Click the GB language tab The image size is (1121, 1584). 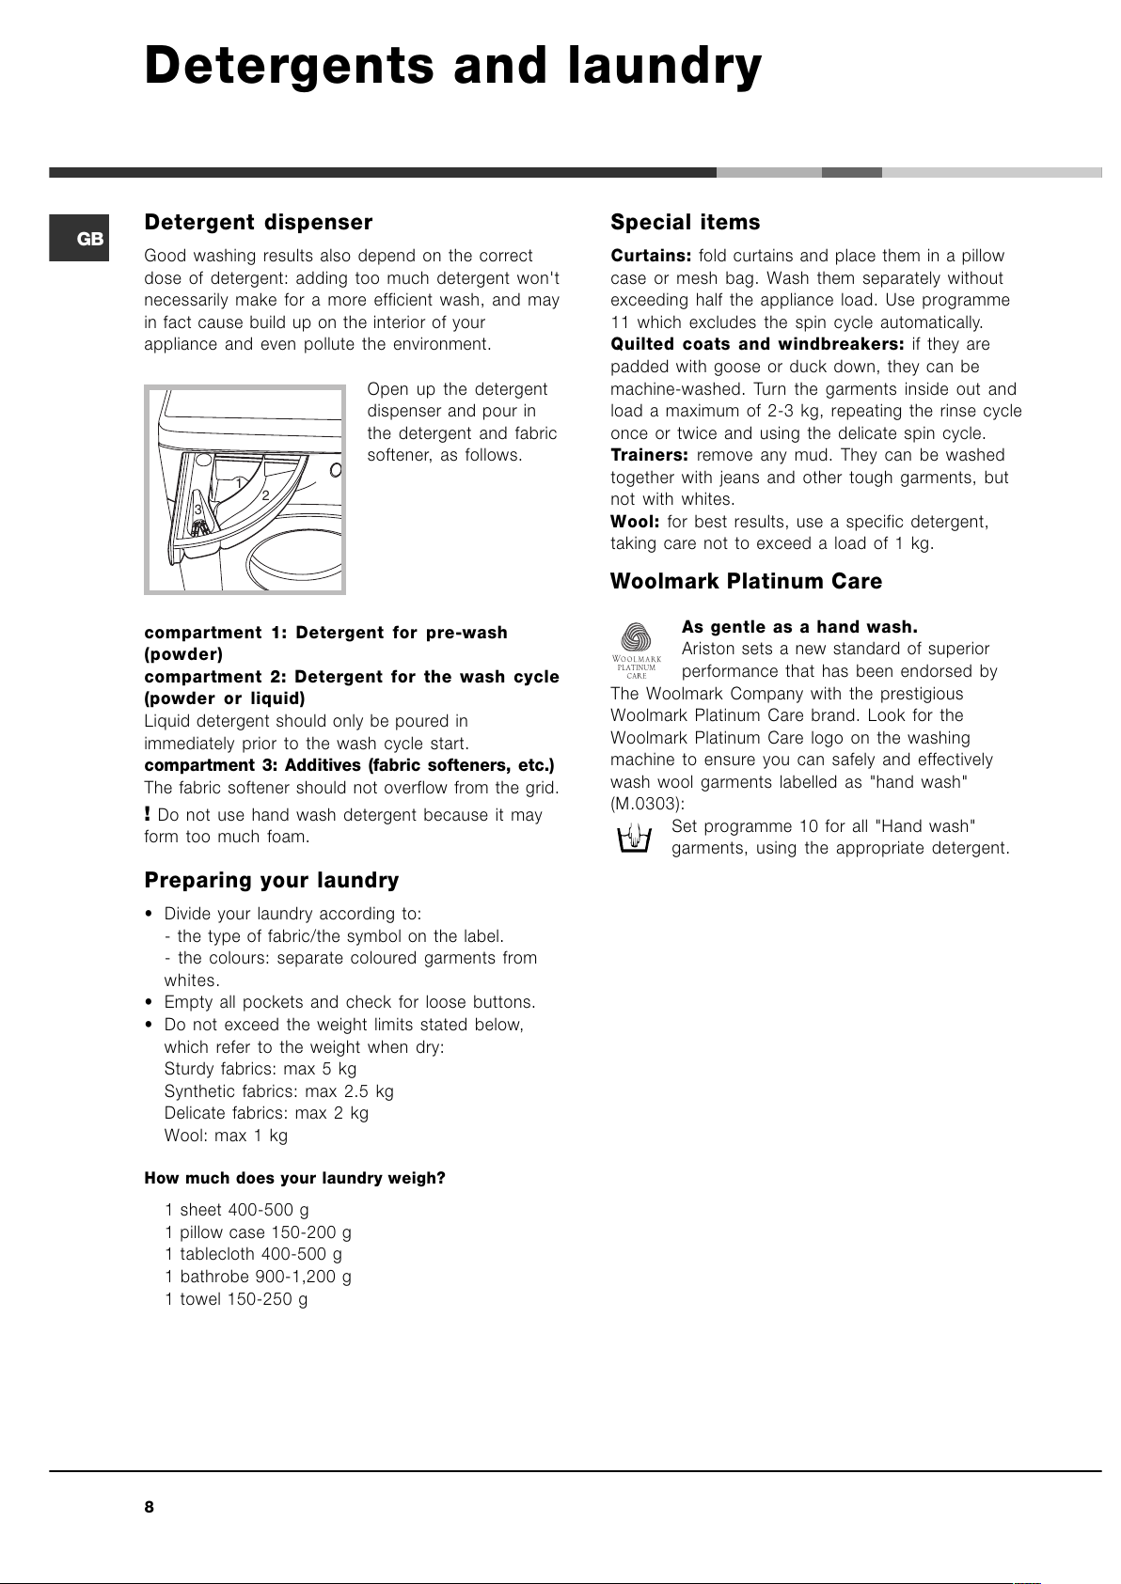[x=80, y=239]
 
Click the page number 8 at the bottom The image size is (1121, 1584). [x=149, y=1507]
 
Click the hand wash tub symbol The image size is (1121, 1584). [x=635, y=837]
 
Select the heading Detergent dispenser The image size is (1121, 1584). [x=258, y=223]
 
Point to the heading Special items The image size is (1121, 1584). [x=685, y=223]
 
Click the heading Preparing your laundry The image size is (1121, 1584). [x=271, y=881]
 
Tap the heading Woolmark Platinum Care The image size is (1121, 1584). [x=746, y=582]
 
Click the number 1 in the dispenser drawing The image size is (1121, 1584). [x=239, y=483]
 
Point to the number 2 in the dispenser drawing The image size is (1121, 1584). [x=265, y=495]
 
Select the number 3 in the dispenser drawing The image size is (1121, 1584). [x=198, y=510]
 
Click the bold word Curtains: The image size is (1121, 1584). [x=651, y=256]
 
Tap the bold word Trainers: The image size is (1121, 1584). [x=649, y=455]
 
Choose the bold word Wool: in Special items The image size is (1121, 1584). [x=635, y=522]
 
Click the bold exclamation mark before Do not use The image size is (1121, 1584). [x=148, y=814]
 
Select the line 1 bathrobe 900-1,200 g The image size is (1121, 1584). [x=258, y=1277]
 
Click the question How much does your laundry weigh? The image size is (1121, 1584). [x=294, y=1178]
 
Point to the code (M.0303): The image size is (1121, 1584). [x=648, y=804]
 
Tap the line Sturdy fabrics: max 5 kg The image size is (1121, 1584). [x=261, y=1069]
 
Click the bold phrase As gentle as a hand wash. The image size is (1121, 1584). [x=799, y=627]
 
